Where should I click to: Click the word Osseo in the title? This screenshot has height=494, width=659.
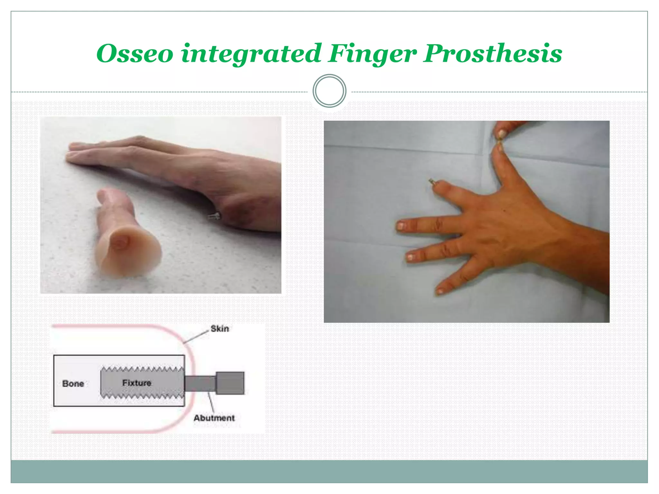135,54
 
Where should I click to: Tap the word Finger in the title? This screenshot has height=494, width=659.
372,54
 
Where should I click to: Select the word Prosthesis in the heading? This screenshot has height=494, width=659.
493,54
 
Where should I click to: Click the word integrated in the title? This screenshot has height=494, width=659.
251,54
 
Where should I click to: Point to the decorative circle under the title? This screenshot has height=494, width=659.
329,91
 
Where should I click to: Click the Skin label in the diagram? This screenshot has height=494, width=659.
219,329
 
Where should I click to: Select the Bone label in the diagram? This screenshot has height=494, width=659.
73,384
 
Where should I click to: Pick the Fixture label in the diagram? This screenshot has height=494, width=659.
137,383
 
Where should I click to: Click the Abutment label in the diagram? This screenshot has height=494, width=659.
214,418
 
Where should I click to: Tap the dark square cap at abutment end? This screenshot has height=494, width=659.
230,383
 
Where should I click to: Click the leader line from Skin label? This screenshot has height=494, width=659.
196,337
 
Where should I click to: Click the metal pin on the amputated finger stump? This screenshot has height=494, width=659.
432,182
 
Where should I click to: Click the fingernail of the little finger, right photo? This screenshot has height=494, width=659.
440,292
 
